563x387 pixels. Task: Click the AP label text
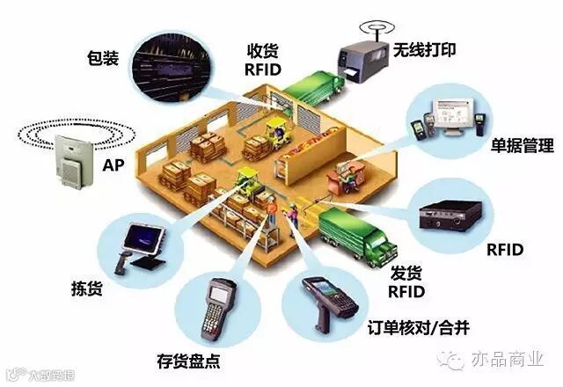pyautogui.click(x=113, y=164)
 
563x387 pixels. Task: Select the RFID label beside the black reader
pyautogui.click(x=505, y=250)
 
